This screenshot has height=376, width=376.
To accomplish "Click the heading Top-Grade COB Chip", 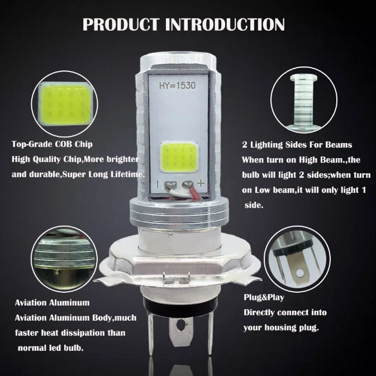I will (46, 144).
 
